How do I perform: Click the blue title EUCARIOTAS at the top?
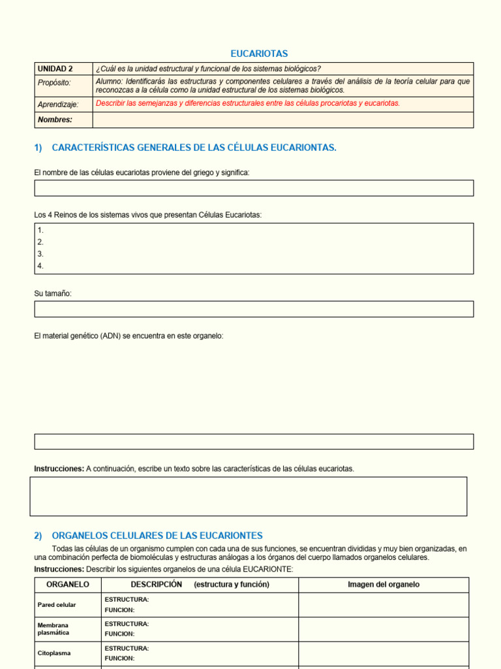click(x=259, y=54)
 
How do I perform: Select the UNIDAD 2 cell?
click(x=55, y=69)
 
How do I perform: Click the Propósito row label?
click(x=54, y=82)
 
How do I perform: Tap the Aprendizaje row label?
click(x=58, y=104)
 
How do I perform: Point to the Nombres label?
click(x=55, y=120)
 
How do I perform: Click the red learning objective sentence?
click(x=248, y=103)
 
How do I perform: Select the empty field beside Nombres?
click(x=282, y=120)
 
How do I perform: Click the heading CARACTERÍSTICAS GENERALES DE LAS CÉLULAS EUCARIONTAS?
click(x=194, y=148)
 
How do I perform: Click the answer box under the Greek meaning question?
click(x=254, y=188)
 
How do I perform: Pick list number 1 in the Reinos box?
click(x=40, y=230)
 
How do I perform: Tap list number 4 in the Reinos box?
click(x=40, y=266)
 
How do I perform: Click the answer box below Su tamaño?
click(x=254, y=309)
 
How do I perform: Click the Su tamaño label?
click(x=53, y=293)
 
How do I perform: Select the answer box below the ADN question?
click(x=254, y=441)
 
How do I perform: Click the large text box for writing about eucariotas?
click(x=249, y=496)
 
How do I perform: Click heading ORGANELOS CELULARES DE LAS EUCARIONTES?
click(x=157, y=535)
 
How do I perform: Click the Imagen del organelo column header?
click(x=384, y=585)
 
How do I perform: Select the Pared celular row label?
click(x=57, y=605)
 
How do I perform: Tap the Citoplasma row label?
click(x=54, y=653)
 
